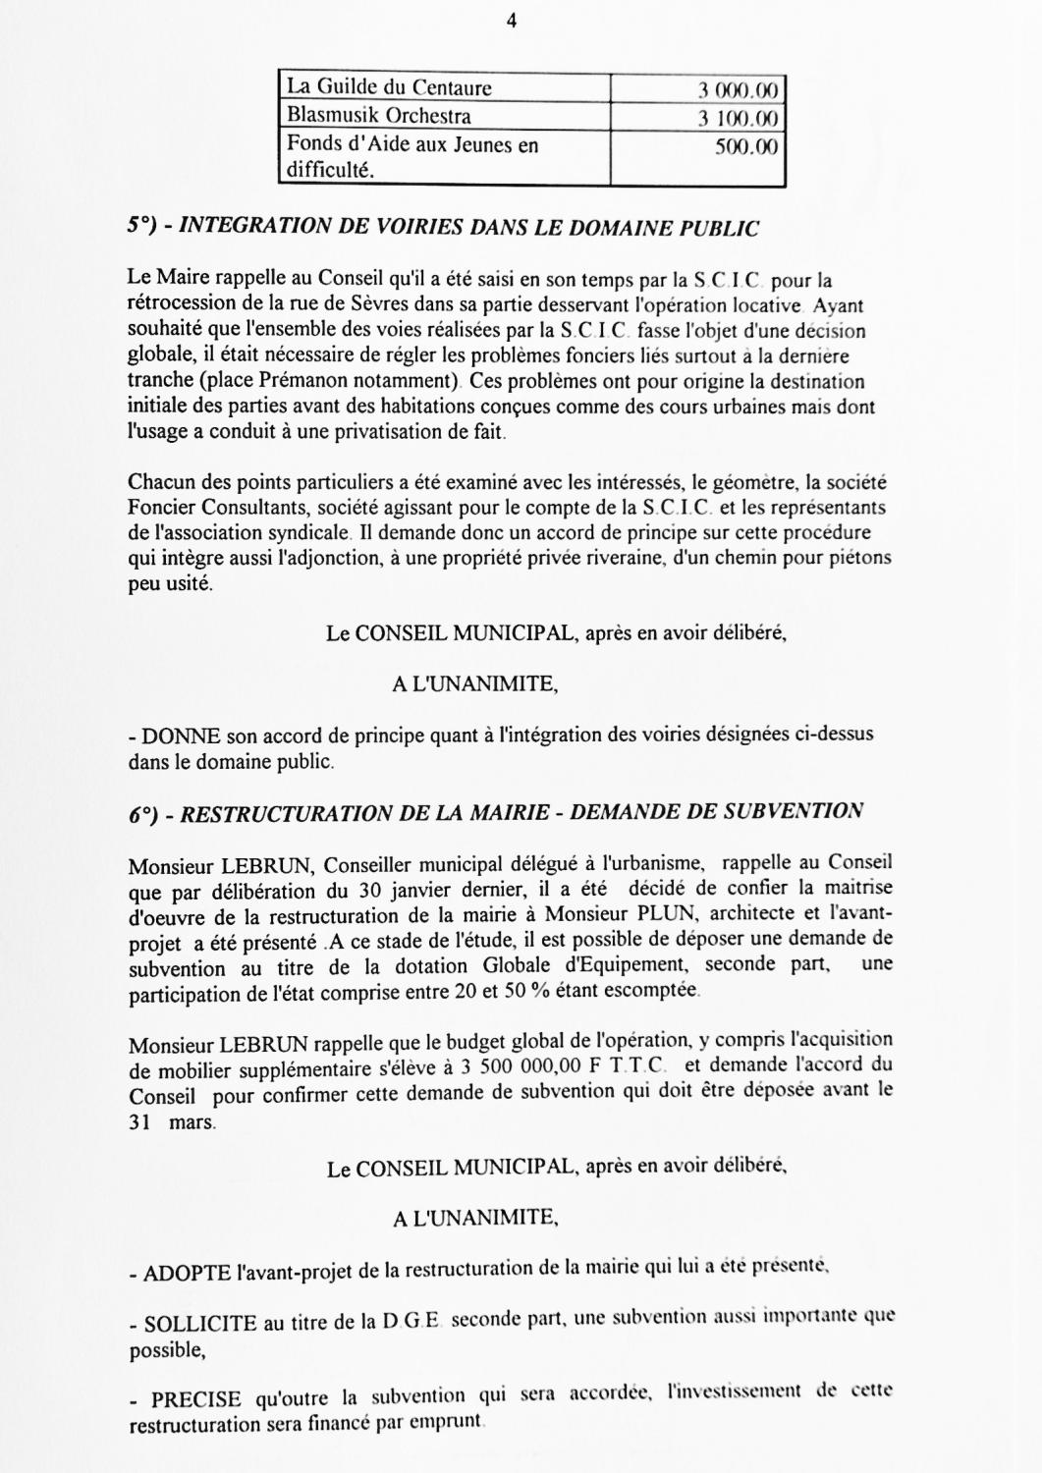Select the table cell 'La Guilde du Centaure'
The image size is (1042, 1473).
[x=389, y=88]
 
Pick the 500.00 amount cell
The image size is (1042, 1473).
[x=745, y=147]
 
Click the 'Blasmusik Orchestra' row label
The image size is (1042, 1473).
[x=378, y=116]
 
